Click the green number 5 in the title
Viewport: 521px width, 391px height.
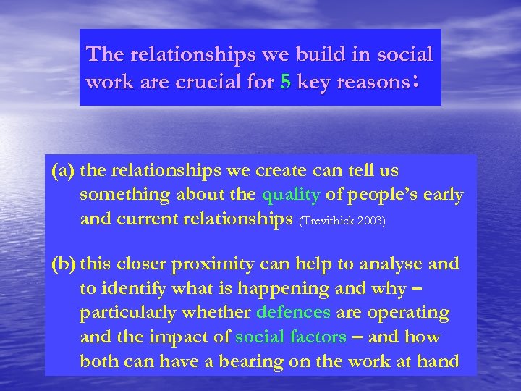coord(285,83)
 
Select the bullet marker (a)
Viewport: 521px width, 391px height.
coord(64,171)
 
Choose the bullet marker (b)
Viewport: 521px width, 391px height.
coord(64,264)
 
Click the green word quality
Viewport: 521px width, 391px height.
coord(291,194)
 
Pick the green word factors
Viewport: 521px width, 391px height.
coord(320,337)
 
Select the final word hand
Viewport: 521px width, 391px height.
coord(440,361)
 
